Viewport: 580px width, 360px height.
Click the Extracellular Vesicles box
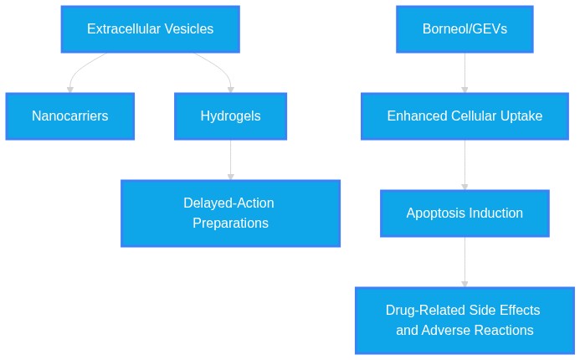(150, 29)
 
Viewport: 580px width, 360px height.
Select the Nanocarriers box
(70, 116)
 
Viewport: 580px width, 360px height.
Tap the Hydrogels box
(230, 116)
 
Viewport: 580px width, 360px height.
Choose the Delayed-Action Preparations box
(230, 213)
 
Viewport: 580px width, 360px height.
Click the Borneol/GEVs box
(465, 29)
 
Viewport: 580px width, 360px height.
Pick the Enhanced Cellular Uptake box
(465, 116)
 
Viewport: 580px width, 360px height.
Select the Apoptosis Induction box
(465, 213)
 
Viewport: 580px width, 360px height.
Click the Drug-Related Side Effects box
(465, 321)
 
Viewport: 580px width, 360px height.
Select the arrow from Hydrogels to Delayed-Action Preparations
(230, 160)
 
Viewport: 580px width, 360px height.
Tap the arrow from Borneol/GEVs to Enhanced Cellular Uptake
(465, 73)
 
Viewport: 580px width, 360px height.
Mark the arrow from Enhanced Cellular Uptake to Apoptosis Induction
(465, 165)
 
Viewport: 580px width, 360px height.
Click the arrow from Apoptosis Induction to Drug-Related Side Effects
(465, 262)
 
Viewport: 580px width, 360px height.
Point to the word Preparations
(230, 223)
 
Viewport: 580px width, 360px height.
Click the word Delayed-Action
(228, 203)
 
